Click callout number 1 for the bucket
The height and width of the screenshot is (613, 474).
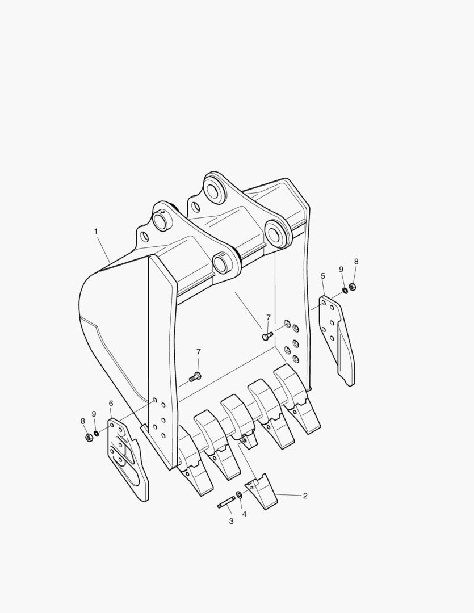click(96, 232)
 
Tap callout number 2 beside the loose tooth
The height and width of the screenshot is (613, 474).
click(305, 496)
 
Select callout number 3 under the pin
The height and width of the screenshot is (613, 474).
click(231, 521)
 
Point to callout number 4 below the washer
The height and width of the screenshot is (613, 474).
click(245, 514)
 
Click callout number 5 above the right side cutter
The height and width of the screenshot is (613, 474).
click(322, 276)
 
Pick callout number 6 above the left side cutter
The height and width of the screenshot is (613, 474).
click(111, 403)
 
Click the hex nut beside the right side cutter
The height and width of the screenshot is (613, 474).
click(352, 287)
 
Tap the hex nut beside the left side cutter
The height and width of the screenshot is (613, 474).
click(89, 436)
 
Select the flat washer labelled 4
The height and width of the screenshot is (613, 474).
click(239, 496)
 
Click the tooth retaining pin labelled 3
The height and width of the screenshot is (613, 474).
click(226, 502)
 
